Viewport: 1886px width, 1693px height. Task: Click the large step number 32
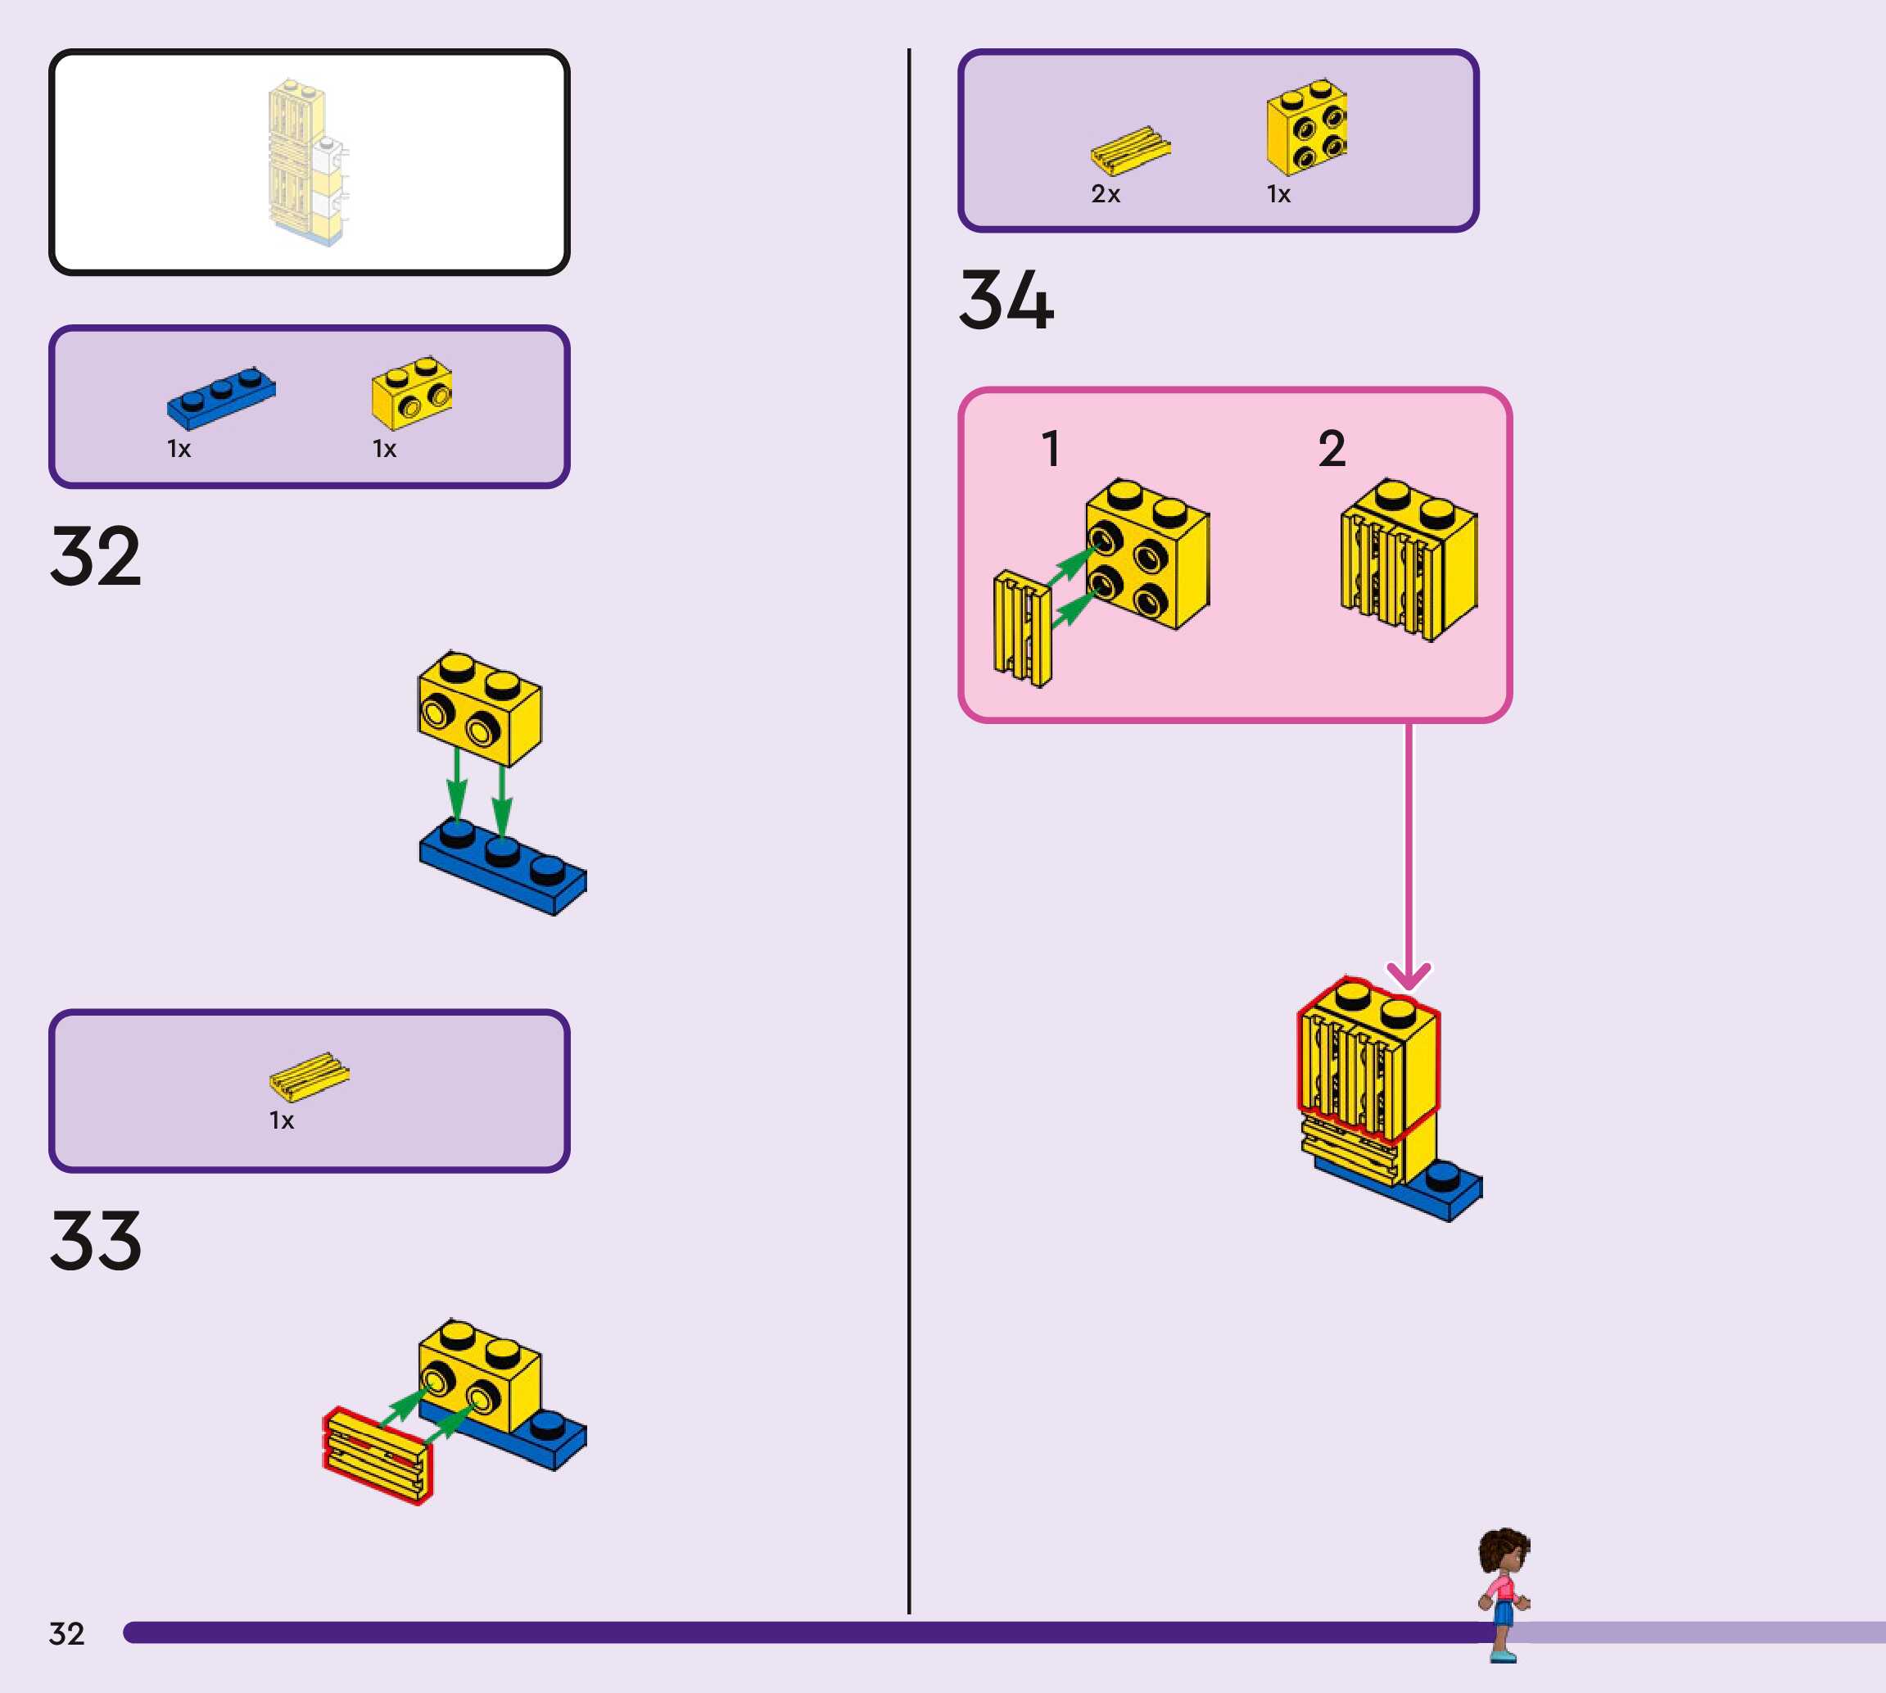[96, 556]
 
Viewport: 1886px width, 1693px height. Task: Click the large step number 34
[1006, 300]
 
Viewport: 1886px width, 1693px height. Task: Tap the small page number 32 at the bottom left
[67, 1633]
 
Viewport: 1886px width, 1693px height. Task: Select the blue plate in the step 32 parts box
[221, 397]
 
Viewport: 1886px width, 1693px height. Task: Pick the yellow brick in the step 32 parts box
[412, 392]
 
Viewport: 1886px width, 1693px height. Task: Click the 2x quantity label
[1106, 194]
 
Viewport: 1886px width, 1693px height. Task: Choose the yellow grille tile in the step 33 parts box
[310, 1076]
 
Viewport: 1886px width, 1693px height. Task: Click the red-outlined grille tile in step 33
[378, 1455]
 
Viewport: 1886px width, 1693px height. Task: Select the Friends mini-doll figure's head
[1504, 1551]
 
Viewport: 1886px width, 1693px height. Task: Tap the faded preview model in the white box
[308, 164]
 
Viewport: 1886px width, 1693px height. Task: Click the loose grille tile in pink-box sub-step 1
[1023, 629]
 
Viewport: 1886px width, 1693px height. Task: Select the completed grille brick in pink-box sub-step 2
[1409, 560]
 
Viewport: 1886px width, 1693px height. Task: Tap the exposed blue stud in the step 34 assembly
[1441, 1177]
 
